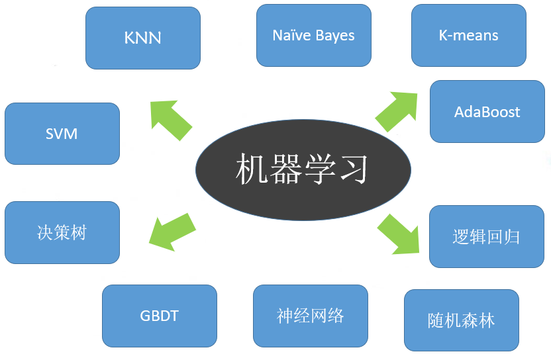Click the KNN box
point(143,38)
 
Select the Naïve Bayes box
point(313,36)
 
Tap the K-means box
point(468,36)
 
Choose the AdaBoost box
point(487,112)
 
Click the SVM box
point(62,134)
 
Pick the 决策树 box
point(62,232)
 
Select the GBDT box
point(160,316)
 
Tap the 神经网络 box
point(311,316)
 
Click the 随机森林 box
point(462,321)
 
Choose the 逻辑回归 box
point(487,237)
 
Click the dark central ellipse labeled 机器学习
point(303,170)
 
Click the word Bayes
point(334,36)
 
